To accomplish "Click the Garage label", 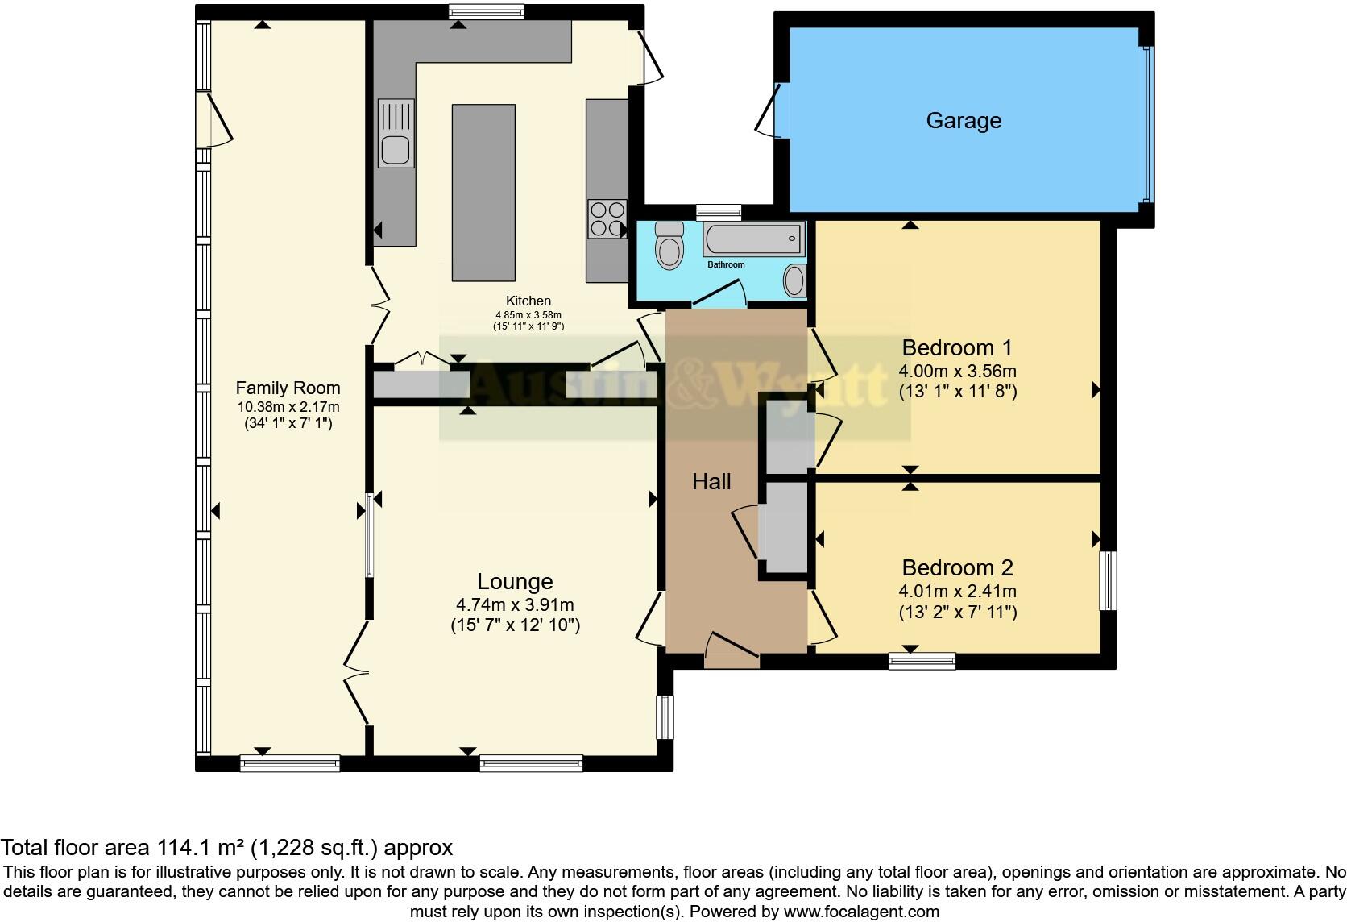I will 964,121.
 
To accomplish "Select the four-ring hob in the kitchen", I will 607,218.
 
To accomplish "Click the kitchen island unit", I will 483,193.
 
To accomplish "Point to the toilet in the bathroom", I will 669,246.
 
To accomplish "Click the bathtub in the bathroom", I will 754,239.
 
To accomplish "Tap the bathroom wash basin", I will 794,281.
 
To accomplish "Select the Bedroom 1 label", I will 957,348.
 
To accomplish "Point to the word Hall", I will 711,482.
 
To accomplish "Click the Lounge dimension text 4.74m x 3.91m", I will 515,604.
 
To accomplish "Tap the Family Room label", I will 288,388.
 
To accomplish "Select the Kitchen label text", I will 528,301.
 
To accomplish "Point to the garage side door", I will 768,108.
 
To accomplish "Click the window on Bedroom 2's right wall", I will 1109,580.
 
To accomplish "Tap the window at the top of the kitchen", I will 486,11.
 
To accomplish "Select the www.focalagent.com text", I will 861,912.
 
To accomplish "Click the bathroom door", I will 719,294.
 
